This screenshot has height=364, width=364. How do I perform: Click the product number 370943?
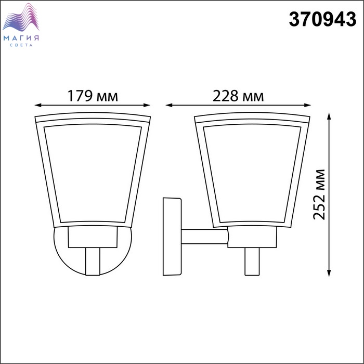point(322,19)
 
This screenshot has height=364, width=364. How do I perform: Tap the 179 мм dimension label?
point(93,96)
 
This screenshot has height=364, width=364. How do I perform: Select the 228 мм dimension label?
point(238,96)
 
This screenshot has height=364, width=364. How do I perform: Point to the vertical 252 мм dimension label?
point(319,194)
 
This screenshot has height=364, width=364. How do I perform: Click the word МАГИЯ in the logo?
point(21,38)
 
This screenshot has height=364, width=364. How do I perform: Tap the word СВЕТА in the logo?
point(21,45)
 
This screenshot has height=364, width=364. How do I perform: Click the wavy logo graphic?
point(21,17)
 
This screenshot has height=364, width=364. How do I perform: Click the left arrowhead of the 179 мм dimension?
point(38,105)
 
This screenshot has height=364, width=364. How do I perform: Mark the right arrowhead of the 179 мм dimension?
point(147,105)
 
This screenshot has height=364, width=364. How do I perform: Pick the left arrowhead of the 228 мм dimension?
point(169,105)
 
